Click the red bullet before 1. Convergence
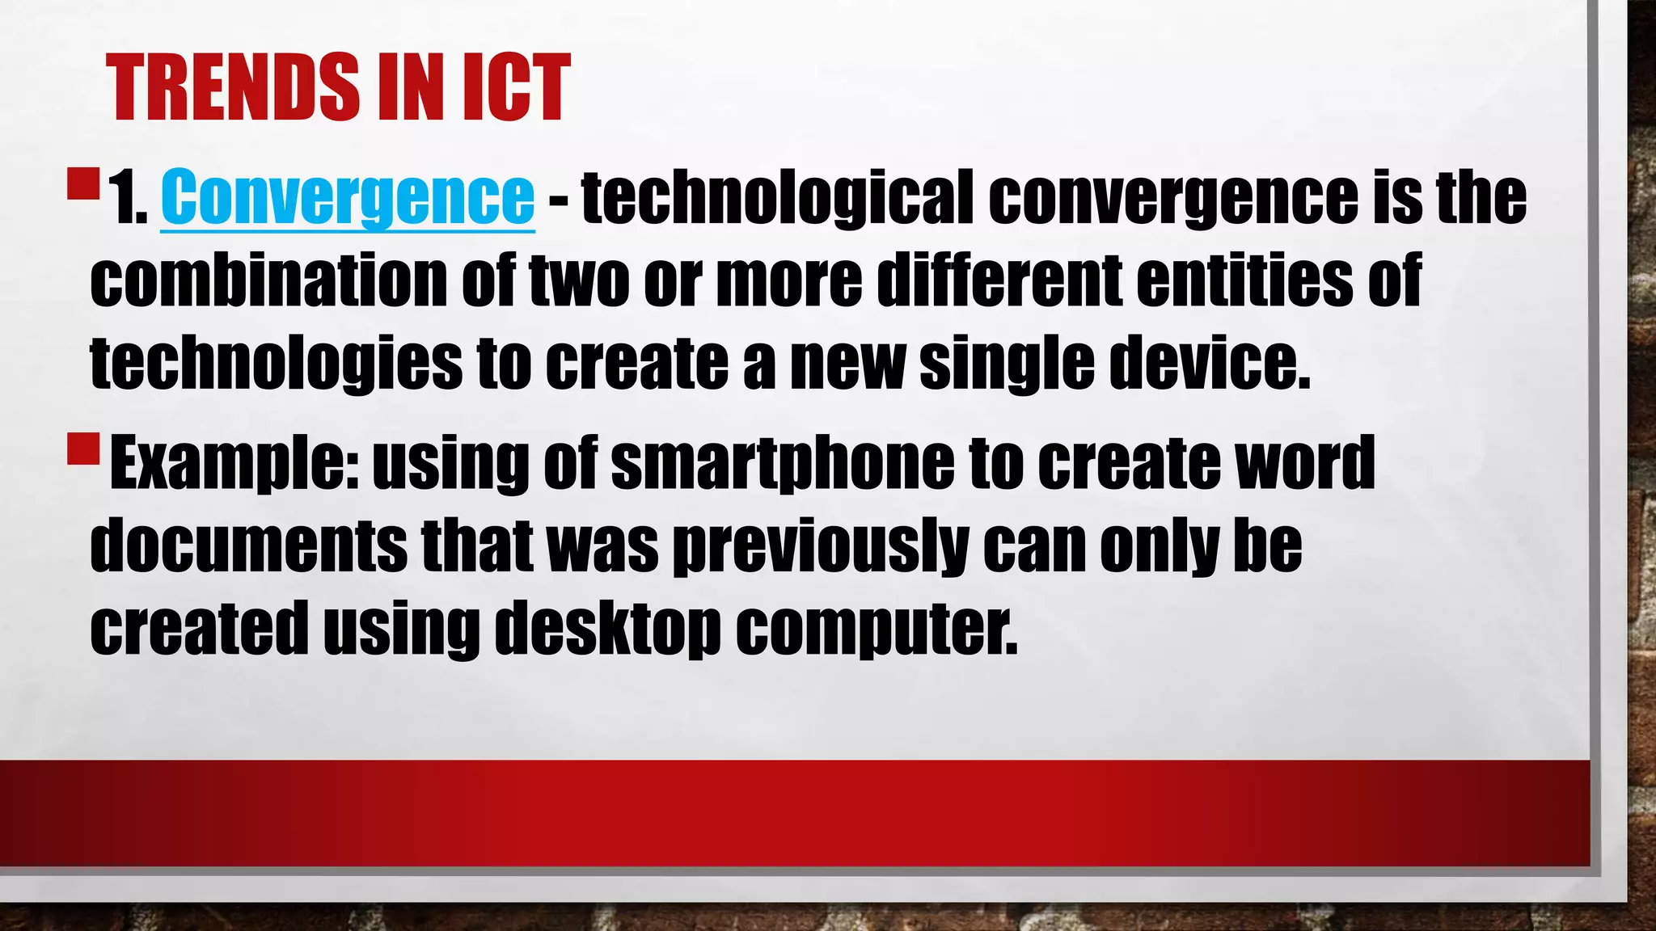[x=83, y=183]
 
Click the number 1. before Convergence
[x=129, y=198]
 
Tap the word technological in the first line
[x=777, y=198]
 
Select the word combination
[x=268, y=280]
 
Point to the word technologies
[x=276, y=364]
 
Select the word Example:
[x=234, y=463]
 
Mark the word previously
[x=821, y=547]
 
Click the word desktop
[x=607, y=629]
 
